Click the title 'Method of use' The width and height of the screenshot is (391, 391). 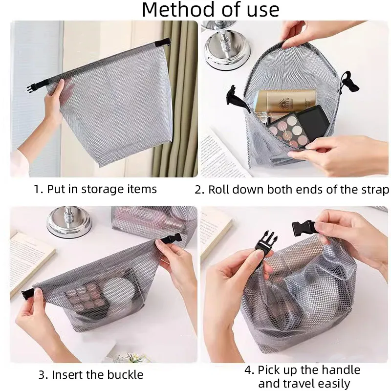(x=211, y=10)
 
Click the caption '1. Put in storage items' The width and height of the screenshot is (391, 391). (x=95, y=189)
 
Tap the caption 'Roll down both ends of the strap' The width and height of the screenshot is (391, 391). (x=299, y=189)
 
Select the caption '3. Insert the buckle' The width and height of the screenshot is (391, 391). (x=91, y=375)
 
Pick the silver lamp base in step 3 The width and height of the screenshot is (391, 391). (x=69, y=225)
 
